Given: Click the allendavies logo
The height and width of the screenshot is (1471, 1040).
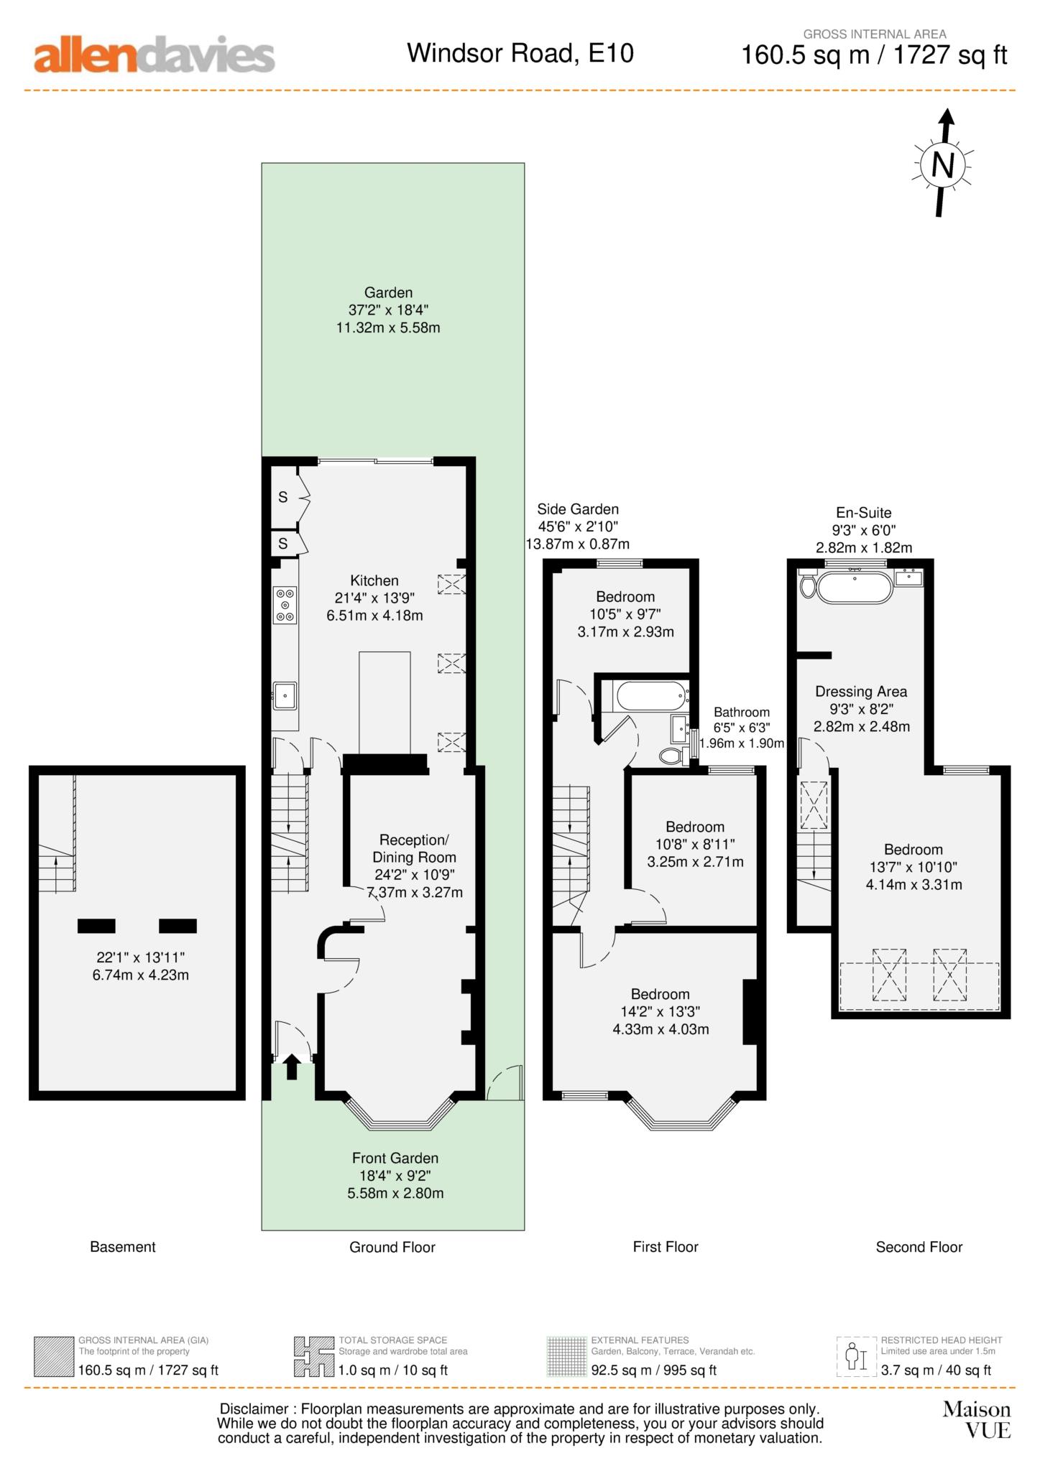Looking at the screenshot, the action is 155,55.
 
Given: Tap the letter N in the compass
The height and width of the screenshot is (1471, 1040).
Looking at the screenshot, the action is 942,165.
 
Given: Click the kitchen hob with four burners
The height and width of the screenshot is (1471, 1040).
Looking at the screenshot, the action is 285,605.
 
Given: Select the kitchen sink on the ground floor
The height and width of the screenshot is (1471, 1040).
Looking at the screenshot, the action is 285,695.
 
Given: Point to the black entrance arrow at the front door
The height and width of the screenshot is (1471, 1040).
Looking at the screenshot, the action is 291,1067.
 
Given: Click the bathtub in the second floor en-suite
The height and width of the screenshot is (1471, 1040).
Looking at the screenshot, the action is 855,586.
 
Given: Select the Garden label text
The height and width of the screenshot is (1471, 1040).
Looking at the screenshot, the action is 388,292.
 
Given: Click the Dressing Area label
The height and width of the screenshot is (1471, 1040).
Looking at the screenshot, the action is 861,692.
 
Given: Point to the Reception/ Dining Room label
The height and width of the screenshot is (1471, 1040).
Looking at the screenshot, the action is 414,848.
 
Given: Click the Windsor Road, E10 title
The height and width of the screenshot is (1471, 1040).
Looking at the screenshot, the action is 520,53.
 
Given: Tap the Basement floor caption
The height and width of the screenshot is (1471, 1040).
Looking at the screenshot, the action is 123,1247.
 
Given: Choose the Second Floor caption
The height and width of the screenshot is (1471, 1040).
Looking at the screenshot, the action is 919,1247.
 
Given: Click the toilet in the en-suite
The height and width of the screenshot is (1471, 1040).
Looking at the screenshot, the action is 808,585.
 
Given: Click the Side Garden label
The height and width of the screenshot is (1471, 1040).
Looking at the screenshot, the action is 578,509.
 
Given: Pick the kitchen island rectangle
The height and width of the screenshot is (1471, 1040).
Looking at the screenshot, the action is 385,702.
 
